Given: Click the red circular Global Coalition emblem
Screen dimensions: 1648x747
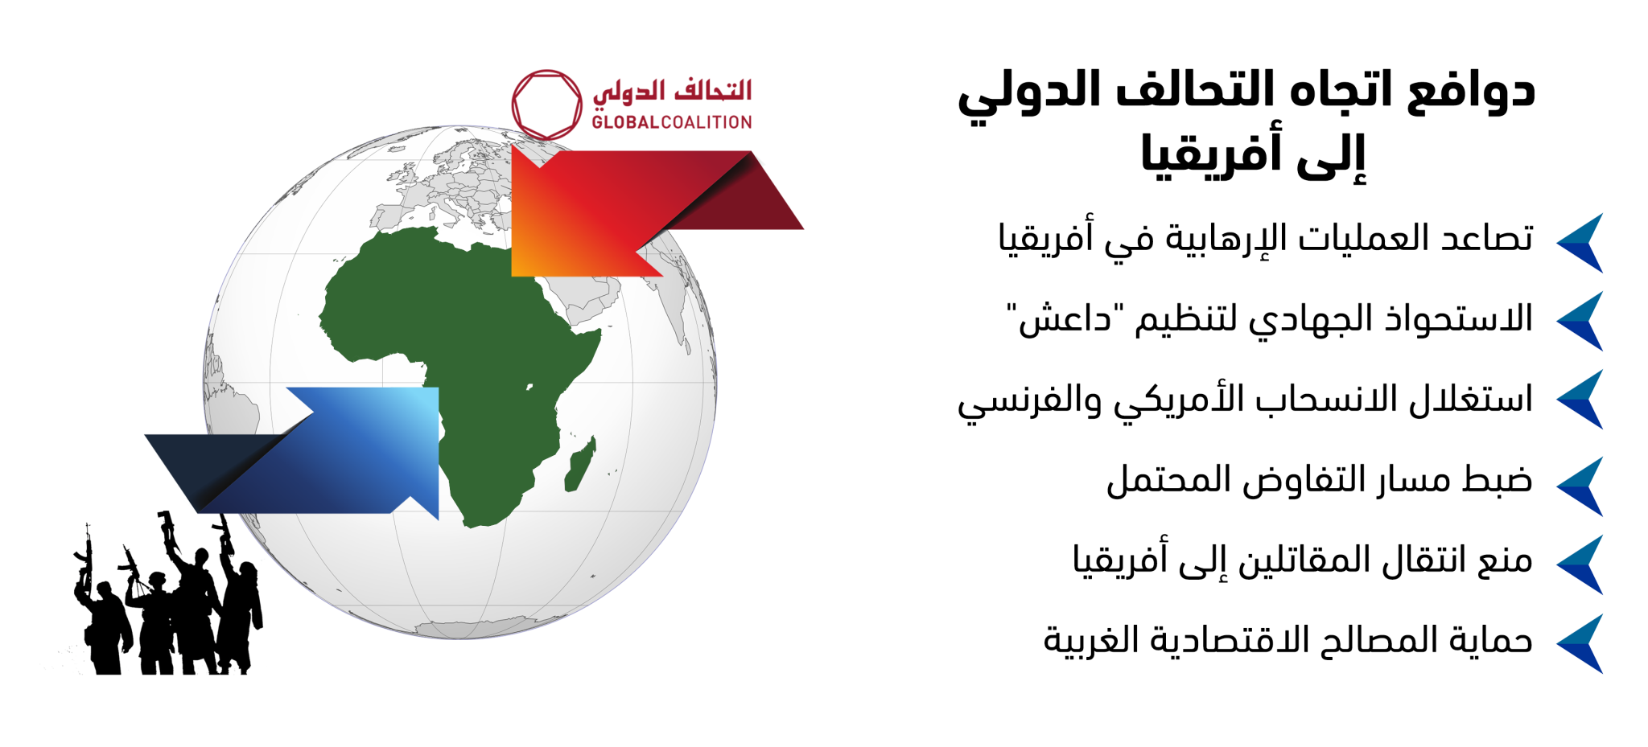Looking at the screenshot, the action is click(x=547, y=73).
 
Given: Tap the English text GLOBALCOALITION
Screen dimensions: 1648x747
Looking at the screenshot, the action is click(x=672, y=122).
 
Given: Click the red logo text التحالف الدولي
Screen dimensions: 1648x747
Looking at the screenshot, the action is click(x=672, y=91).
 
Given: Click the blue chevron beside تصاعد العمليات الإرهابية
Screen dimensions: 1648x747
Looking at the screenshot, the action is click(x=1580, y=243).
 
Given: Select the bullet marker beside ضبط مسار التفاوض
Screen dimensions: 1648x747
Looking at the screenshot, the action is click(x=1580, y=486).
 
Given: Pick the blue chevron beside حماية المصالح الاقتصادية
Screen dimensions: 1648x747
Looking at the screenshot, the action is click(x=1580, y=644).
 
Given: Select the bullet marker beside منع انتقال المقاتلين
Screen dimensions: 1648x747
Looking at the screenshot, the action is click(x=1580, y=565).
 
